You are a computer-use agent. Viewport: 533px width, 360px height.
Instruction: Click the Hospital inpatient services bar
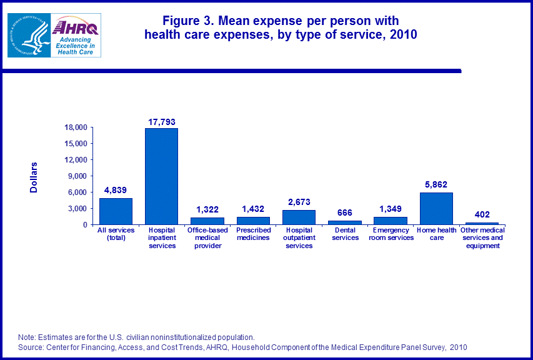tap(161, 176)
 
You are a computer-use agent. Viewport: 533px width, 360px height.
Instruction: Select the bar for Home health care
tap(436, 208)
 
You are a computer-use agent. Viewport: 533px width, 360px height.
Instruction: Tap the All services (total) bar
tap(116, 211)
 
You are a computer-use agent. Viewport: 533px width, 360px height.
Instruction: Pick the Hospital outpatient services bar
tap(299, 217)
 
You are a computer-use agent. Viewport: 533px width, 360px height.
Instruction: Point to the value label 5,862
tap(436, 185)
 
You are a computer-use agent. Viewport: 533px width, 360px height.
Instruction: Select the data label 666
tap(344, 213)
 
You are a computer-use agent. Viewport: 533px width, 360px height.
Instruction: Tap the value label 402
tap(482, 215)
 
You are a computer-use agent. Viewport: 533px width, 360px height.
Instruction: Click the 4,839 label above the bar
tap(116, 191)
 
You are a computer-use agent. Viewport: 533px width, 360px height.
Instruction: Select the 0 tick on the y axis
tap(85, 224)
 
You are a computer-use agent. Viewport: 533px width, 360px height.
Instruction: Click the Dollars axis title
tap(34, 177)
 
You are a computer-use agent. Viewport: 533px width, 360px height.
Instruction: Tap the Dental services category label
tap(345, 234)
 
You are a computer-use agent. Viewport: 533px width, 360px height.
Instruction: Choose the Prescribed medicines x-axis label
tap(253, 234)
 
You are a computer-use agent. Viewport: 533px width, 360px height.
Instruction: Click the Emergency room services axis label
tap(391, 234)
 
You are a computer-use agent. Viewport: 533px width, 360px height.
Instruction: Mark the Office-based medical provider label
tap(207, 238)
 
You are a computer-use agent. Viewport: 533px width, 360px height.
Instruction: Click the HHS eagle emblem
tap(29, 36)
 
